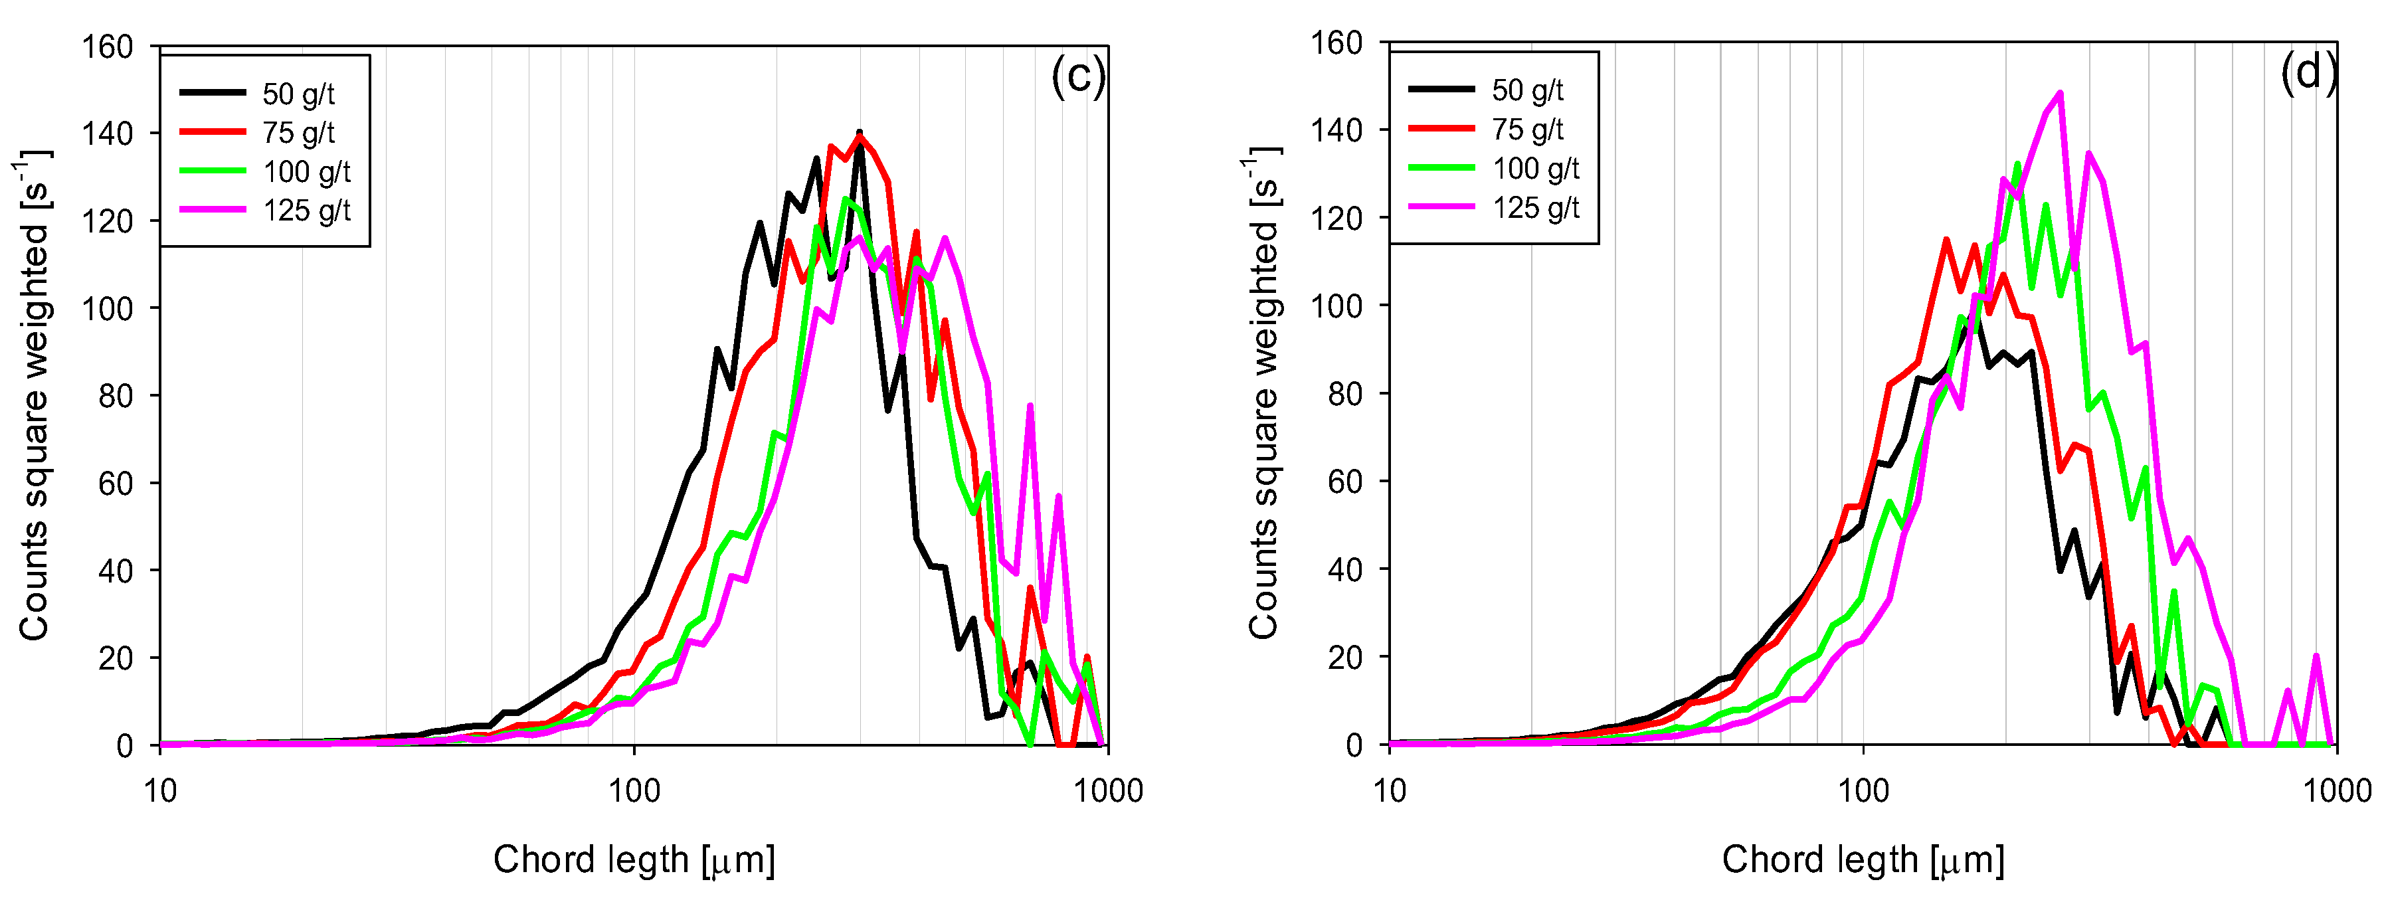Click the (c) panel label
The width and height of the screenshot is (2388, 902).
1077,76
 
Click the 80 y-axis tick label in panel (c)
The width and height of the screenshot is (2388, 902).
116,396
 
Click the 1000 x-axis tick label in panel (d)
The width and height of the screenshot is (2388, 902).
2336,792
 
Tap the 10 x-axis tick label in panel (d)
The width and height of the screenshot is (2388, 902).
1389,792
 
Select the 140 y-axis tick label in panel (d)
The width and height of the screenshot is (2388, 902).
1336,130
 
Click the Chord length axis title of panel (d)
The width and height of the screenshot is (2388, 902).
1863,860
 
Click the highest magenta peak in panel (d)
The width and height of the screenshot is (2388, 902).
2060,93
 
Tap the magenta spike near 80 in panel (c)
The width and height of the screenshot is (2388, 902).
1030,406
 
